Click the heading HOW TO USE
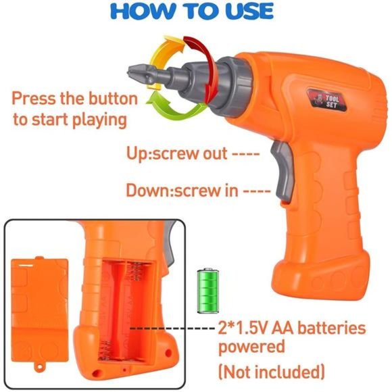click(x=196, y=11)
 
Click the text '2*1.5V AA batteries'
click(x=291, y=328)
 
